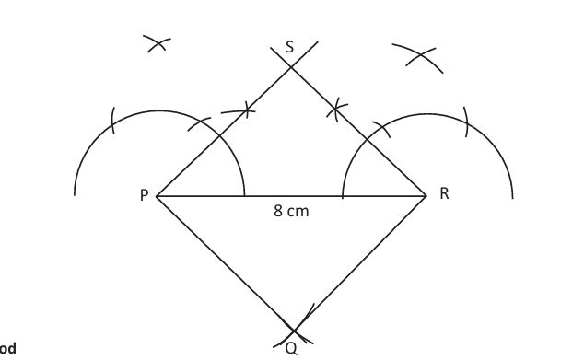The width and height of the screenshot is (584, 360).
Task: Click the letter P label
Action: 144,195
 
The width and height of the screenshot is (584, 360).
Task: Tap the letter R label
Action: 445,194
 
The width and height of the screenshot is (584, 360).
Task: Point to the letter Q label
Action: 291,348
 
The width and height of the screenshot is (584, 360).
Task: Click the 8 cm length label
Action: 291,212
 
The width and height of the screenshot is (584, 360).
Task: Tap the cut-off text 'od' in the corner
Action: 7,348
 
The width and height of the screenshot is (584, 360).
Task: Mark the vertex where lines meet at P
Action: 157,196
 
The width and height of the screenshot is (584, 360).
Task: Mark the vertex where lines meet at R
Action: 426,195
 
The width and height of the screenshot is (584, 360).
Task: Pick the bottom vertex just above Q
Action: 293,329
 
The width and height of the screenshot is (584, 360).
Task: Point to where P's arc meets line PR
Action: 245,196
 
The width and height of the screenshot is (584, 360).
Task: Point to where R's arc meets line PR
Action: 343,196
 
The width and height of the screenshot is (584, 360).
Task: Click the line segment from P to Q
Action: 225,262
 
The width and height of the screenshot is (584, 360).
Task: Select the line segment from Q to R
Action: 360,262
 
